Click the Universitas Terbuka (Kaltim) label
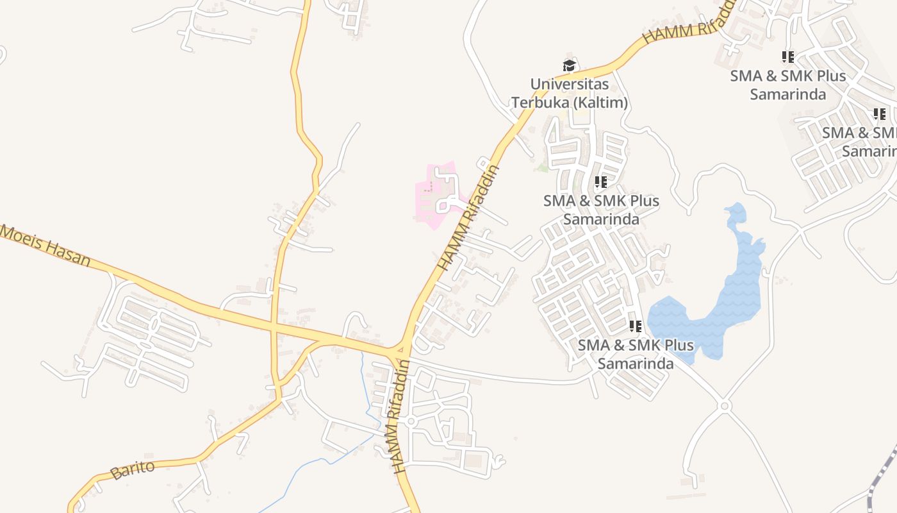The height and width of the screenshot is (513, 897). point(569,93)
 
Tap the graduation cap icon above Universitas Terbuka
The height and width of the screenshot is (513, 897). point(568,65)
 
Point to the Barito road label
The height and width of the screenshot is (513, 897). point(133,469)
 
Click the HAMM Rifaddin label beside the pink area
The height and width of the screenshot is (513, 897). point(467,218)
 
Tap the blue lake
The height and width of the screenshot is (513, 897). point(737,295)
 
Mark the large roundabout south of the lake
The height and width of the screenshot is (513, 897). point(725,406)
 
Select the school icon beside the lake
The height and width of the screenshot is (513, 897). point(635,326)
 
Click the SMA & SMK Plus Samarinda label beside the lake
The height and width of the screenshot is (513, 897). point(635,354)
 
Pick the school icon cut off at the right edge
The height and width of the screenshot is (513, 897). point(879,114)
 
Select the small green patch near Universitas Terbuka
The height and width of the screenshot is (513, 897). point(543,168)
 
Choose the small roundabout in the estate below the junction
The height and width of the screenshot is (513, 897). point(411,421)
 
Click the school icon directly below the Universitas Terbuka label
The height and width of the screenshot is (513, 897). point(600,182)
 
